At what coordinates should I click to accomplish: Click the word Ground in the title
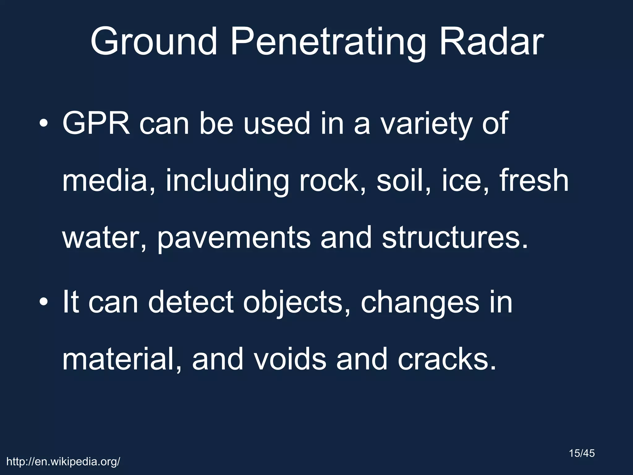(154, 41)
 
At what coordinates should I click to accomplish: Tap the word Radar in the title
(491, 41)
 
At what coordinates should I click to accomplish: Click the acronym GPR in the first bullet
(96, 123)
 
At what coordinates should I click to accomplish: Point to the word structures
(455, 238)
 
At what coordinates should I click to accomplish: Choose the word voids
(290, 359)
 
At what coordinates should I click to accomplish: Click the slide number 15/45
(582, 454)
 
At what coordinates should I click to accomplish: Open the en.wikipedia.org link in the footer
(63, 462)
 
